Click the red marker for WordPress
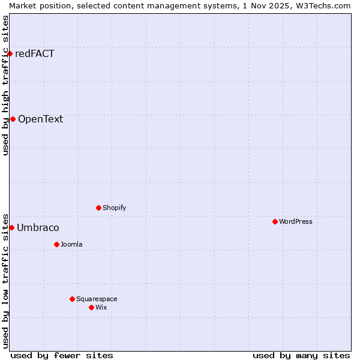coord(275,221)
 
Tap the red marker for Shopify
coord(98,208)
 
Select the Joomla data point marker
coord(56,244)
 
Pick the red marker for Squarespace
coord(72,299)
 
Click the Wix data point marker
coord(91,307)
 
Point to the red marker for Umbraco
coord(11,227)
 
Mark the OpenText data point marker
coord(13,119)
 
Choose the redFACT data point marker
coord(10,53)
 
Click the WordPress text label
coord(296,221)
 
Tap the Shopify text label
coord(115,208)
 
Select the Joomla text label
coord(71,244)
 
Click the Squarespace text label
coord(97,299)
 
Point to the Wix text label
coord(101,307)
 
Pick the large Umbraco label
coord(38,227)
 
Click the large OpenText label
coord(40,119)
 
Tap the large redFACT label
coord(35,53)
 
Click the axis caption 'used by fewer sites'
coord(62,355)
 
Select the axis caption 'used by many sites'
coord(301,355)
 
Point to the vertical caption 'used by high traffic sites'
coord(5,85)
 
